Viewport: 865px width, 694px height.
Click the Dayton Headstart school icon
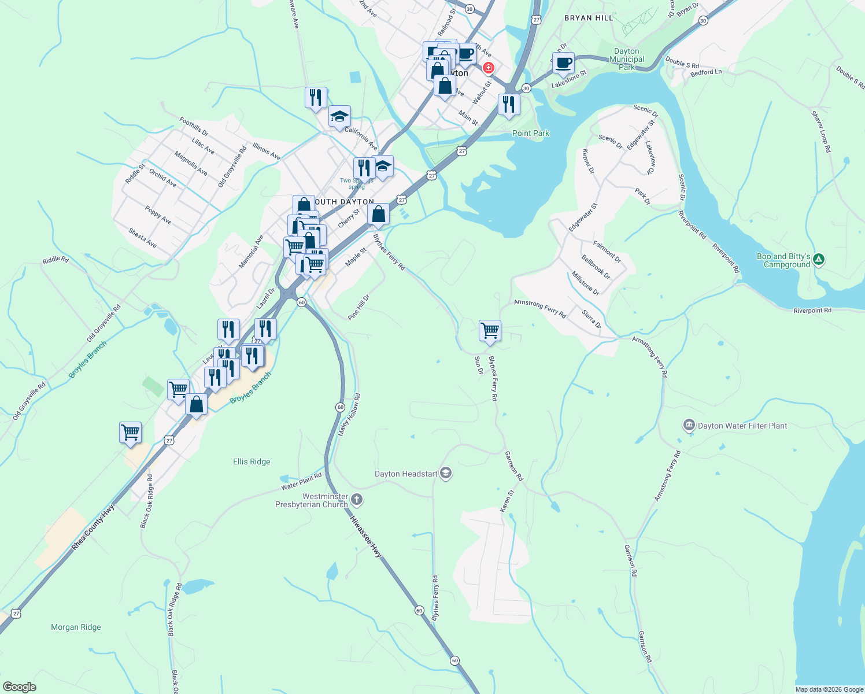click(x=445, y=474)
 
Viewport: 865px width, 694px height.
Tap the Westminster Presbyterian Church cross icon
click(x=357, y=499)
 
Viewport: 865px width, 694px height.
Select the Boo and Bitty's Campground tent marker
click(x=818, y=259)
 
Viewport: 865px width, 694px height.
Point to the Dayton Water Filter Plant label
click(x=742, y=426)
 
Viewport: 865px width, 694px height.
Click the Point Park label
click(x=531, y=133)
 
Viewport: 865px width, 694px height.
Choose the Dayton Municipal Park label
click(x=627, y=59)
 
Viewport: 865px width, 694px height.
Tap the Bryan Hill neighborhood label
click(x=589, y=18)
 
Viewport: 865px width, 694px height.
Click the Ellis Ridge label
click(x=252, y=462)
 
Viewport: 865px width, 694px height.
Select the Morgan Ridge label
click(x=76, y=627)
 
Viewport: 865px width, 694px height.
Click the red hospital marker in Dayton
click(x=489, y=68)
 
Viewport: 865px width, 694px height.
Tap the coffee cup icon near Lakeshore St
click(x=563, y=62)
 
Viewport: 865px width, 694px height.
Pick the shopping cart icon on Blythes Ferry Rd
click(x=490, y=331)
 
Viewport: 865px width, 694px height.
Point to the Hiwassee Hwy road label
click(x=367, y=536)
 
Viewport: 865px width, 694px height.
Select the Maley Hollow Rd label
click(x=349, y=415)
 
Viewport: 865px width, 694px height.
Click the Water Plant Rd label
click(x=301, y=481)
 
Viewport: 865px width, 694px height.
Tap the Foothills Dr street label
click(x=194, y=127)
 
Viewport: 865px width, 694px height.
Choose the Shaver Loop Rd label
click(x=821, y=132)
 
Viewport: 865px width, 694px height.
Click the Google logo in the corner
click(x=20, y=687)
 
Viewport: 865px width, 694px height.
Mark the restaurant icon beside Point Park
click(x=509, y=105)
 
